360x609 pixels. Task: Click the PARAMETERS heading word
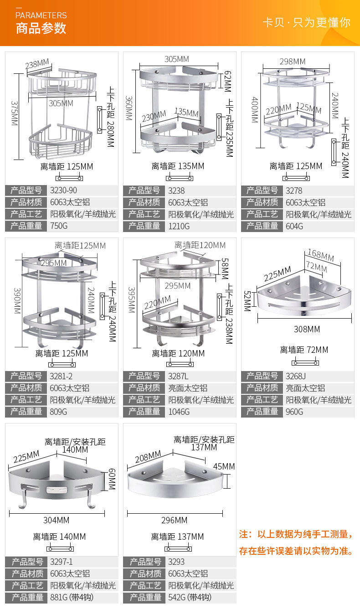pyautogui.click(x=41, y=15)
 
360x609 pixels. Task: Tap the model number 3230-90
pyautogui.click(x=64, y=191)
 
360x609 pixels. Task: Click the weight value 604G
pyautogui.click(x=294, y=226)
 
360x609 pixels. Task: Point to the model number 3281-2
pyautogui.click(x=62, y=376)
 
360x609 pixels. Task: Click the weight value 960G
pyautogui.click(x=294, y=412)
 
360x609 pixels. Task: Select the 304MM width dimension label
pyautogui.click(x=57, y=520)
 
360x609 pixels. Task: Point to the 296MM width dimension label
pyautogui.click(x=175, y=520)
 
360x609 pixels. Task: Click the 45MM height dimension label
pyautogui.click(x=224, y=466)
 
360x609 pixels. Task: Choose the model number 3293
pyautogui.click(x=177, y=562)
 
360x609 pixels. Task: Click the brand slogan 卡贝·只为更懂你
pyautogui.click(x=306, y=23)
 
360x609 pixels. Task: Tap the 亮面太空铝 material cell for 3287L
pyautogui.click(x=188, y=388)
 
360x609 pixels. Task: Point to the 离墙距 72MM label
pyautogui.click(x=304, y=350)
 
